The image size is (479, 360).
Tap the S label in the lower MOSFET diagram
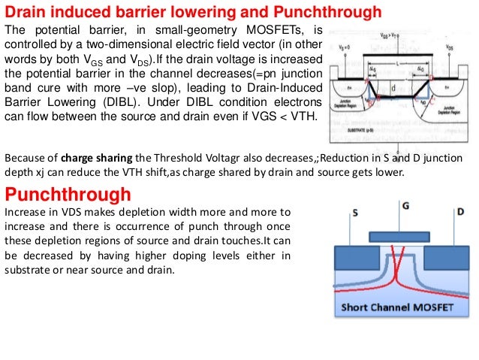[354, 213]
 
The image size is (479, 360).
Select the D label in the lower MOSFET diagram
[459, 213]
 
